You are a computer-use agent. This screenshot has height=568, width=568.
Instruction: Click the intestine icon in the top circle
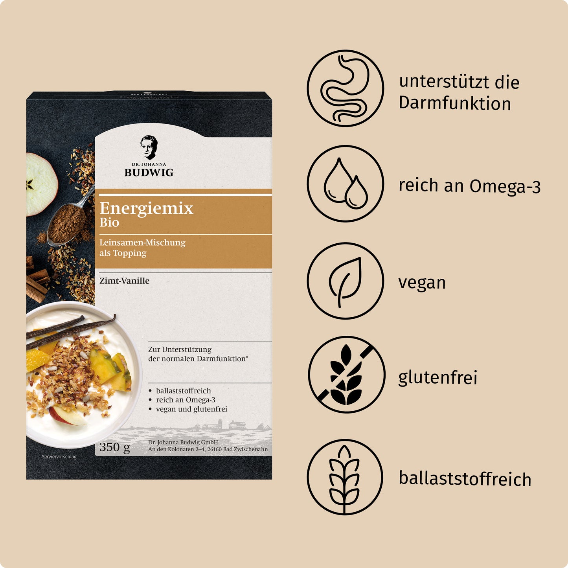tap(345, 88)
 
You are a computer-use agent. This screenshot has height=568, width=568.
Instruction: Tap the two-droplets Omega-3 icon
tap(345, 184)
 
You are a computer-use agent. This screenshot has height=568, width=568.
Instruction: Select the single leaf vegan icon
tap(345, 281)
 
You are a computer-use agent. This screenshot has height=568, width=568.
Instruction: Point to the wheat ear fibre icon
tap(344, 477)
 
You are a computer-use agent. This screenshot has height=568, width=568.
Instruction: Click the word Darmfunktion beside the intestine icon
tap(455, 103)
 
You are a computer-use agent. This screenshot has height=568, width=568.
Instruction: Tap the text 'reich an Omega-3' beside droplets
tap(469, 186)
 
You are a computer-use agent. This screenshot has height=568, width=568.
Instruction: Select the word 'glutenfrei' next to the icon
tap(437, 378)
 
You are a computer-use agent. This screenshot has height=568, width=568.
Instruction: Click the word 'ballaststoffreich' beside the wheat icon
tap(465, 479)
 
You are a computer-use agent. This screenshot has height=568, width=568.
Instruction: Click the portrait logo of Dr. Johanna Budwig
tap(149, 147)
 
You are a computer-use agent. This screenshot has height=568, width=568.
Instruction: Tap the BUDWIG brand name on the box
tap(149, 173)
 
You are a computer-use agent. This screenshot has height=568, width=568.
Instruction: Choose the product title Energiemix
tap(146, 208)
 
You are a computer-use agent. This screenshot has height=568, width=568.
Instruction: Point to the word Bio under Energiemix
tap(109, 223)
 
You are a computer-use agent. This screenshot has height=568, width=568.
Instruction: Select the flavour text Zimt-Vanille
tap(124, 281)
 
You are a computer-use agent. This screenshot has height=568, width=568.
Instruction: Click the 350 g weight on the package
tap(114, 447)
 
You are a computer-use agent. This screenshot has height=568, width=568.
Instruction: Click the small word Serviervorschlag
tap(59, 457)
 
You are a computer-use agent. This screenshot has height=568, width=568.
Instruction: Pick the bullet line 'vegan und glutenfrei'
tap(191, 409)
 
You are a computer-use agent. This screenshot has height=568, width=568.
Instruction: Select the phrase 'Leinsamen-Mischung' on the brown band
tap(142, 243)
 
